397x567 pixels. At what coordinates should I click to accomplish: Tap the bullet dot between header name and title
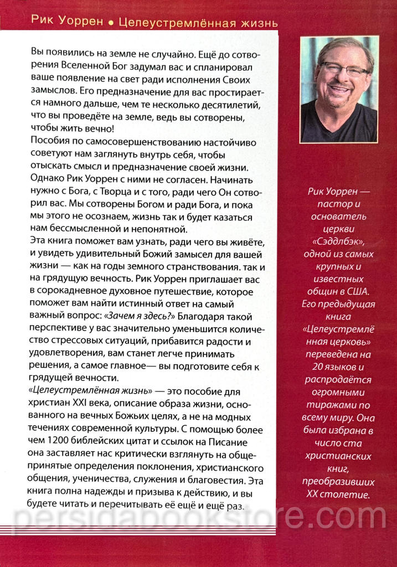110,24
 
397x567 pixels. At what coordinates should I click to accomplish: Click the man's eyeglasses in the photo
343,69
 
